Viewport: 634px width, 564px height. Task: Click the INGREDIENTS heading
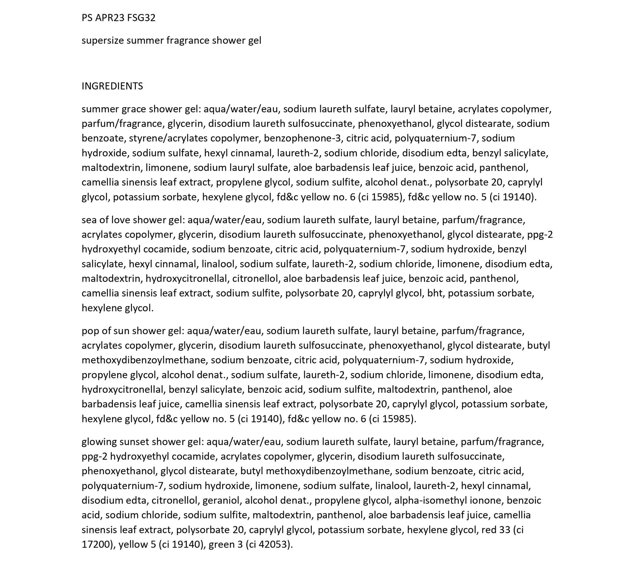[x=112, y=86]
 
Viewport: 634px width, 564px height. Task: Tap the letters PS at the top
[x=87, y=18]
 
